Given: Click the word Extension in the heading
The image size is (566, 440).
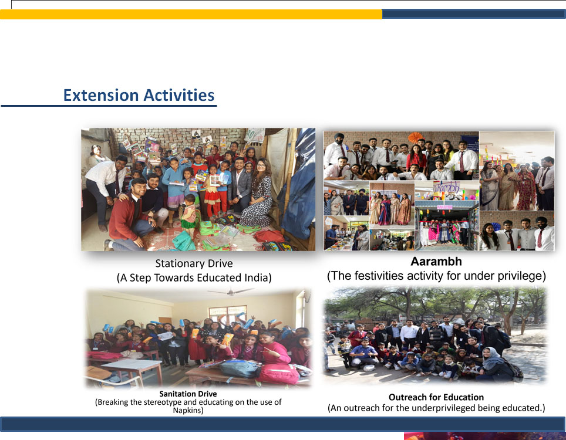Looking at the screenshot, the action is [x=101, y=95].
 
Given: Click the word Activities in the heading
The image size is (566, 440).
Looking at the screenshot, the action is [x=179, y=95].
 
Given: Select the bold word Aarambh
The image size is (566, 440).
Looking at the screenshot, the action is [x=436, y=262].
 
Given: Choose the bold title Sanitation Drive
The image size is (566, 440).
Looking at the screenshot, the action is [x=188, y=394].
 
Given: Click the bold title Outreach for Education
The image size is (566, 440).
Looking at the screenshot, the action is [x=436, y=397].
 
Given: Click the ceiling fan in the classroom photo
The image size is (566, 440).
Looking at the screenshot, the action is [x=231, y=291].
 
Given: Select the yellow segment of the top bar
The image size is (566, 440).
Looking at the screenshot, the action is [x=191, y=14].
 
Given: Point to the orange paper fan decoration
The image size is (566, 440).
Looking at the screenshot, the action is [x=415, y=137].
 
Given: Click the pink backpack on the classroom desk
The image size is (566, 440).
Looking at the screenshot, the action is [x=278, y=374].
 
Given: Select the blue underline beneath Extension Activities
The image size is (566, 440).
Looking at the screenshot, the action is [x=109, y=106].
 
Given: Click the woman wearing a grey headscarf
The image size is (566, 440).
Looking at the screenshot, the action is [x=497, y=364].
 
